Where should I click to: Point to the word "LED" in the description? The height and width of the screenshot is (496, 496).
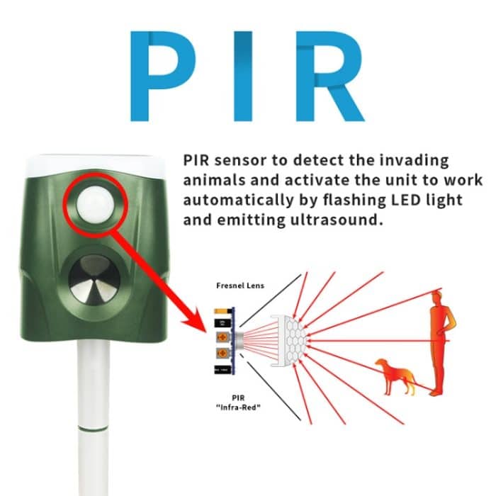[x=412, y=200]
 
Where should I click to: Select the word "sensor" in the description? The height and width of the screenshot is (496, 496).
[x=239, y=160]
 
